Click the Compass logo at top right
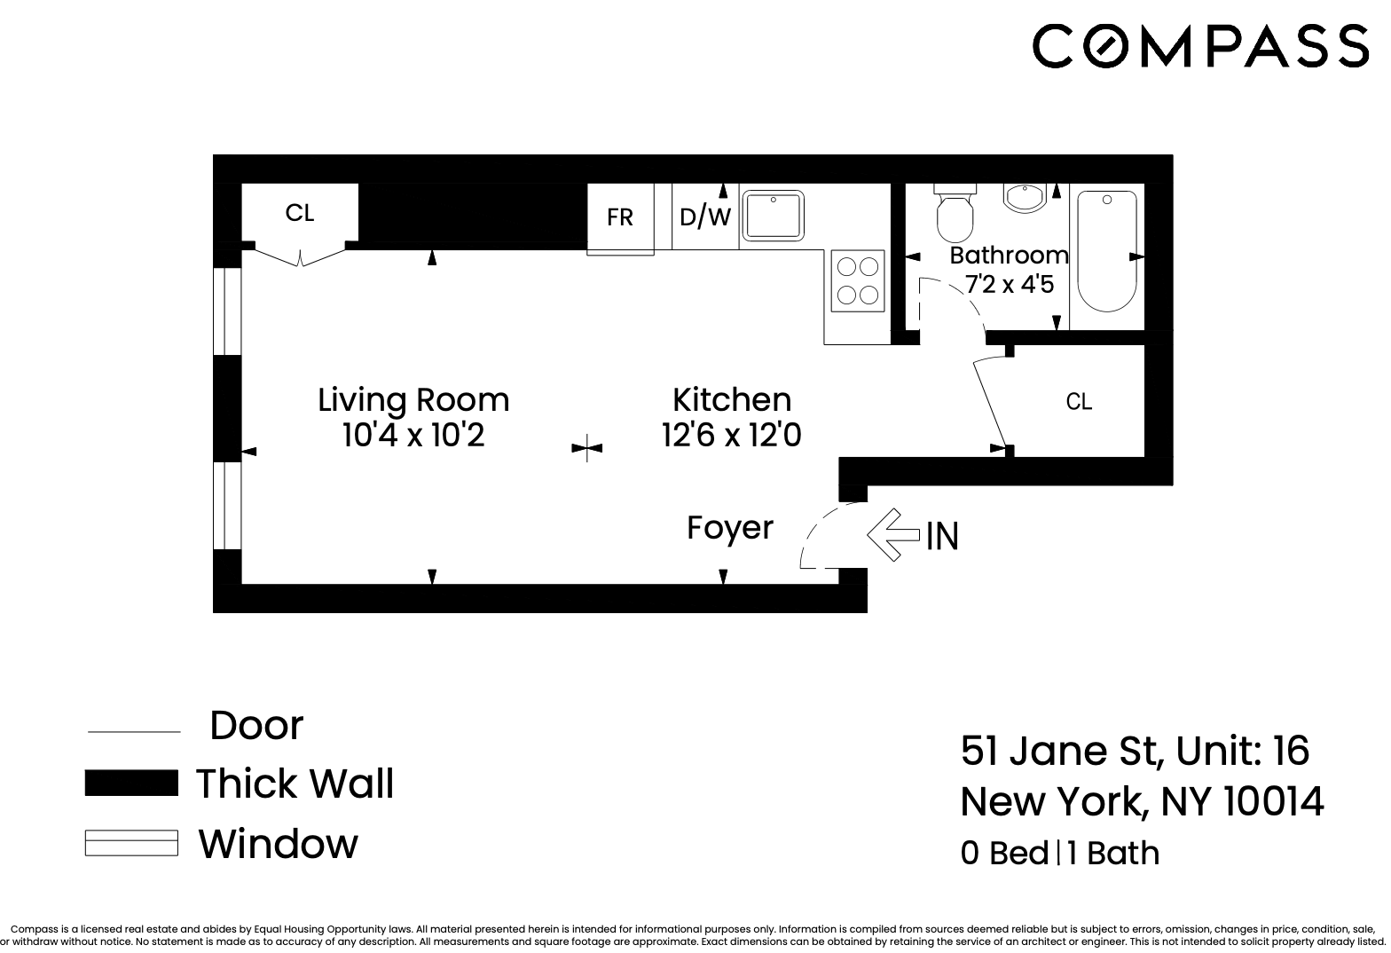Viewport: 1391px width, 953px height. pyautogui.click(x=1200, y=45)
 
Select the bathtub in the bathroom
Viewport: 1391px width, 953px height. pyautogui.click(x=1106, y=251)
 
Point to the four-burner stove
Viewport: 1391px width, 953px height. pyautogui.click(x=858, y=280)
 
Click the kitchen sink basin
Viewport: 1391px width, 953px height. pyautogui.click(x=773, y=215)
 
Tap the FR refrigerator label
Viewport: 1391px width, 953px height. pyautogui.click(x=620, y=217)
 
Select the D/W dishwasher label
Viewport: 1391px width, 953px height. pyautogui.click(x=704, y=217)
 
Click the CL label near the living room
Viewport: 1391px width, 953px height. pyautogui.click(x=300, y=213)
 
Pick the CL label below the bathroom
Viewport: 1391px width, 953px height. pyautogui.click(x=1079, y=402)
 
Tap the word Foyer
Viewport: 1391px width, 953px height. pyautogui.click(x=730, y=528)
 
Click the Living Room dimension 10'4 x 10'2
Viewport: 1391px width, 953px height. pyautogui.click(x=413, y=437)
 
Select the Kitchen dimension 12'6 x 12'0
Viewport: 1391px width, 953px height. pyautogui.click(x=732, y=437)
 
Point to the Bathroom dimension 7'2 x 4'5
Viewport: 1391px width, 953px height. pyautogui.click(x=1010, y=286)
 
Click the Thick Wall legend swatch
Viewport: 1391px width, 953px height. pyautogui.click(x=131, y=784)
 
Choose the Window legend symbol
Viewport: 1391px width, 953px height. pyautogui.click(x=131, y=843)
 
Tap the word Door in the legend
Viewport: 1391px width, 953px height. pyautogui.click(x=256, y=726)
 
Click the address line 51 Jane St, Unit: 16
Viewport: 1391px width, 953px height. pyautogui.click(x=1135, y=751)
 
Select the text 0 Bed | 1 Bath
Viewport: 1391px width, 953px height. pyautogui.click(x=1060, y=853)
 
